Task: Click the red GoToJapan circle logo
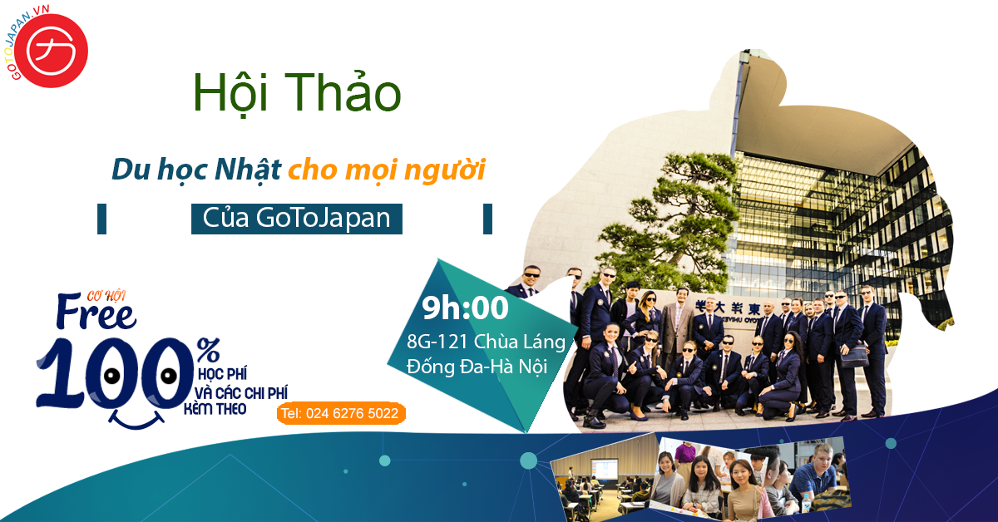click(51, 51)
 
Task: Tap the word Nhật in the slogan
click(248, 170)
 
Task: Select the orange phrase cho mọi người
click(387, 170)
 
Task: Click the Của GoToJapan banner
click(297, 219)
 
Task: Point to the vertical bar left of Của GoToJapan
click(101, 219)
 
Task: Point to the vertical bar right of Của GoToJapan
click(487, 219)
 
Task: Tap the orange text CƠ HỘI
click(106, 296)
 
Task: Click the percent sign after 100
click(209, 350)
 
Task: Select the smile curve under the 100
click(136, 419)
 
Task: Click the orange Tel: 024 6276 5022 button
click(341, 413)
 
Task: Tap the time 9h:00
click(465, 308)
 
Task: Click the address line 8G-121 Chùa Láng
click(486, 342)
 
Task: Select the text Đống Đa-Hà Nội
click(477, 367)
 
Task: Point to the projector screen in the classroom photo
click(604, 469)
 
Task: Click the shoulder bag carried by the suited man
click(853, 357)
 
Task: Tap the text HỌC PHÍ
click(222, 374)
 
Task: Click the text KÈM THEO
click(215, 409)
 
